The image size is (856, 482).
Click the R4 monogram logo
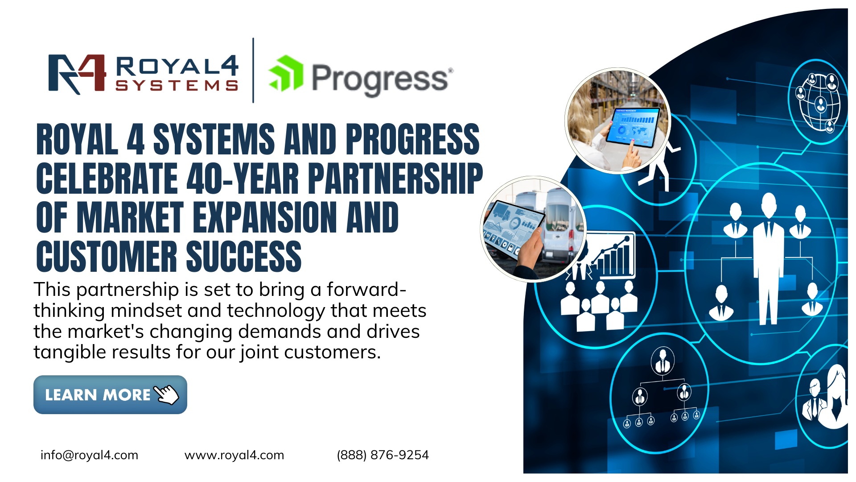(x=77, y=74)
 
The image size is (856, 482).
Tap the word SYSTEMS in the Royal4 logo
(x=177, y=85)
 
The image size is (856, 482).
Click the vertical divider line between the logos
(x=253, y=71)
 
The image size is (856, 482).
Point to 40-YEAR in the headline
(x=243, y=178)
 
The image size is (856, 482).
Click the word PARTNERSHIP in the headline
(x=395, y=178)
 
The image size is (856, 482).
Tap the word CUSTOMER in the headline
(x=107, y=256)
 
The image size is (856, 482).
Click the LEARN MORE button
(x=110, y=395)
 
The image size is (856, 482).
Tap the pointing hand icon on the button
(x=166, y=394)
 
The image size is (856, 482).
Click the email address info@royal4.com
(x=89, y=455)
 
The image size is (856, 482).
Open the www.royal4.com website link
(x=234, y=455)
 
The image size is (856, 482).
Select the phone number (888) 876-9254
(x=383, y=455)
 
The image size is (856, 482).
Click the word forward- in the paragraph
(x=366, y=289)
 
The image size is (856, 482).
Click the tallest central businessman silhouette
(x=769, y=258)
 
